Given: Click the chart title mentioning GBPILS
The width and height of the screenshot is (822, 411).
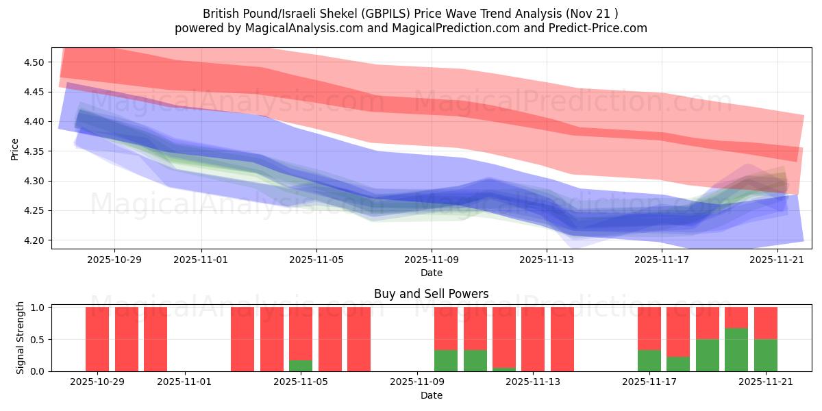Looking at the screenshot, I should [x=410, y=14].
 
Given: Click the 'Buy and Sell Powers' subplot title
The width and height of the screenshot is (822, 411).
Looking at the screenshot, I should [x=431, y=294].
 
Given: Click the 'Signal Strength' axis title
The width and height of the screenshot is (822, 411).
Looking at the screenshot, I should [x=21, y=338].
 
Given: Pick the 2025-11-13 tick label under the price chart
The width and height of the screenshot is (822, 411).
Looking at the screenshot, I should [x=547, y=260].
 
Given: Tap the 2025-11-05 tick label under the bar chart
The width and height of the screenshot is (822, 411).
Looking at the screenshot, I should [x=301, y=382].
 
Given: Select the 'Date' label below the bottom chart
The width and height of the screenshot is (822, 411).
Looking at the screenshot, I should [x=431, y=395].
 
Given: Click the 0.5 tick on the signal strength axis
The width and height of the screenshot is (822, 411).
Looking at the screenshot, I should [x=38, y=339].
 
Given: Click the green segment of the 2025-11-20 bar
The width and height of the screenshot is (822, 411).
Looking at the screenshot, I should [x=736, y=350].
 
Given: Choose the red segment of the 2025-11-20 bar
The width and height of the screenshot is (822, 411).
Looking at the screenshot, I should [x=736, y=317].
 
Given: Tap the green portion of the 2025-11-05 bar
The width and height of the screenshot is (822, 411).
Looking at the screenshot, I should [x=301, y=366].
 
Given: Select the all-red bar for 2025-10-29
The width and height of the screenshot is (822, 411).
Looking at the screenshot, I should [x=97, y=339].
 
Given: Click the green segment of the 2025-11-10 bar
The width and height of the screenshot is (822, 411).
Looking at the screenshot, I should [x=475, y=361].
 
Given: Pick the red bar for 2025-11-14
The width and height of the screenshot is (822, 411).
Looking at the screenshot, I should [x=562, y=339].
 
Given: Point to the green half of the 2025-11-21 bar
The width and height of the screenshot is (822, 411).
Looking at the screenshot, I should [x=765, y=356].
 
